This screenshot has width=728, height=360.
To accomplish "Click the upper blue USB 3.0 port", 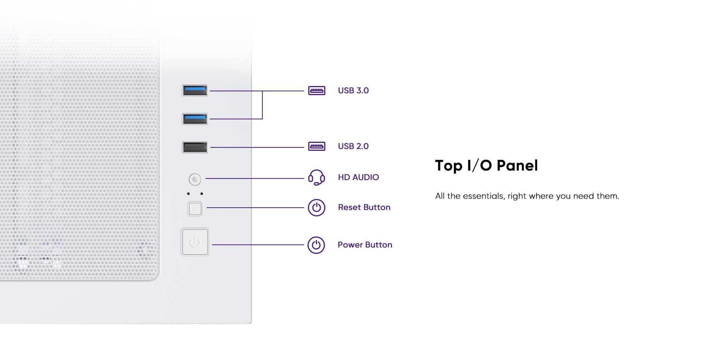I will [195, 91].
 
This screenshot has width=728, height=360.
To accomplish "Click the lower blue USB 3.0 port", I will [195, 119].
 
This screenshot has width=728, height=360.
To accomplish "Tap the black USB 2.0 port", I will [195, 147].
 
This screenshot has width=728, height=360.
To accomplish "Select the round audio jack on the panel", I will [195, 179].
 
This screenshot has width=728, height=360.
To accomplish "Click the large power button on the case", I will [195, 242].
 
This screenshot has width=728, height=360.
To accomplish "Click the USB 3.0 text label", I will [353, 91].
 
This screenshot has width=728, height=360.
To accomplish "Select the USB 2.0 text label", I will [353, 146].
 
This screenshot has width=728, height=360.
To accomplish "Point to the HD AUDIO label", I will [358, 177].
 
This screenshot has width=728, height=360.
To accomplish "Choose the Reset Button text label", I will [364, 207].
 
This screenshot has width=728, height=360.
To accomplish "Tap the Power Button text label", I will [365, 245].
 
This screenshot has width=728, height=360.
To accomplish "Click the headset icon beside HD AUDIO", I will [316, 177].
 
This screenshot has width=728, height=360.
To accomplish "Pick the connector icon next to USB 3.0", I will [317, 91].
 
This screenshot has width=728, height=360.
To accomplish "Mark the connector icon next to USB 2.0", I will [317, 146].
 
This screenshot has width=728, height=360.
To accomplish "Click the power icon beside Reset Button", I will [317, 208].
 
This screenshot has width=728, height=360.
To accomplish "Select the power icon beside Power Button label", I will [316, 245].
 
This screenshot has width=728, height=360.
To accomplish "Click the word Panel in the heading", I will [517, 166].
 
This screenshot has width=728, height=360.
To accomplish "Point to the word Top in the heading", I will [449, 166].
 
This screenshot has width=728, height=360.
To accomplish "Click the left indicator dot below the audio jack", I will [188, 194].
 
